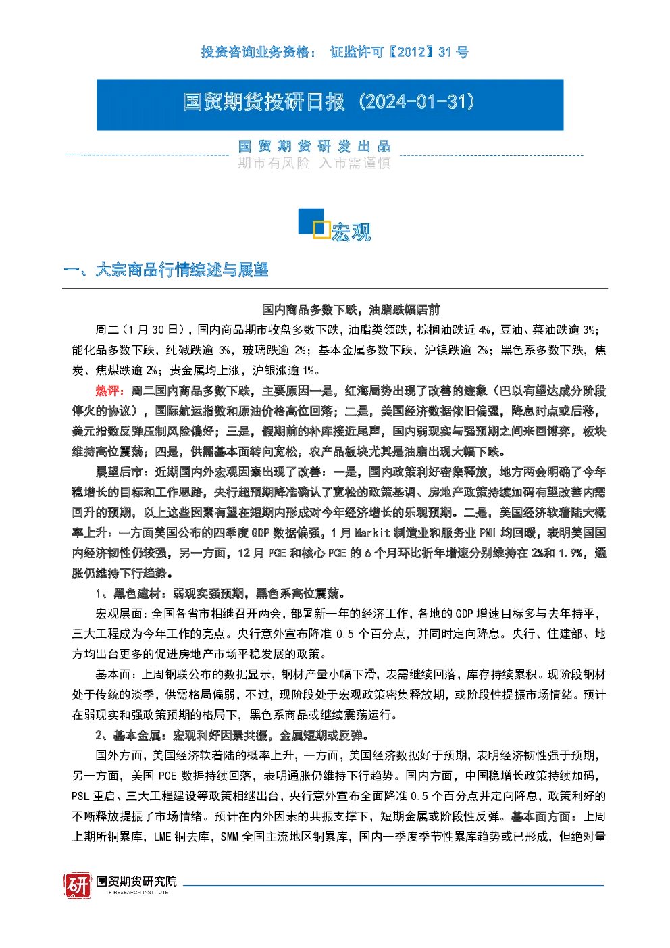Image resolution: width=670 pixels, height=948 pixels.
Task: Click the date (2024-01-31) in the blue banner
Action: [x=417, y=102]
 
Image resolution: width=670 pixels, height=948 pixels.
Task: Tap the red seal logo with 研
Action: [x=78, y=885]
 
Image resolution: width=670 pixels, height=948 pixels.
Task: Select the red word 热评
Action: [x=107, y=391]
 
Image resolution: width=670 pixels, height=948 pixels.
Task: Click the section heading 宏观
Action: [x=351, y=232]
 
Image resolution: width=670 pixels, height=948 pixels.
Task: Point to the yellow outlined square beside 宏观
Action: [x=321, y=230]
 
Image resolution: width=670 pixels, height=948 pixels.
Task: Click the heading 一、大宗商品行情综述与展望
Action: [x=166, y=270]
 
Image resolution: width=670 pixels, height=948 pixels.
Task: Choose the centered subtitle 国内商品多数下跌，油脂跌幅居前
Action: [x=351, y=309]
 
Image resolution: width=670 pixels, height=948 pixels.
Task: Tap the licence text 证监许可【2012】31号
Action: [x=399, y=53]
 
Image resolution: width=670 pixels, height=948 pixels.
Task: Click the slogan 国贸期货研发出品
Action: [x=314, y=146]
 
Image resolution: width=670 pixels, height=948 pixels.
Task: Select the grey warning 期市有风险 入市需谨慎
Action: [x=314, y=163]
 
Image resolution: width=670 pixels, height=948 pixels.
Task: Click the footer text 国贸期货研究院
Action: [x=136, y=882]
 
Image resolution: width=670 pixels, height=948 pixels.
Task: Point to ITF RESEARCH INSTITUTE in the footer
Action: [x=136, y=892]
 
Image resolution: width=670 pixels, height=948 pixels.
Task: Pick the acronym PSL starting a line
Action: [x=80, y=797]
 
